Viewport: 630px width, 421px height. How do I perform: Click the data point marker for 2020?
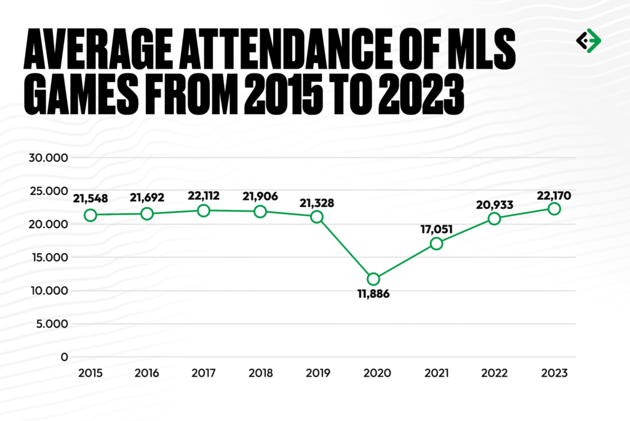click(x=373, y=279)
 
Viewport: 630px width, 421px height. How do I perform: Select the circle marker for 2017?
click(x=204, y=211)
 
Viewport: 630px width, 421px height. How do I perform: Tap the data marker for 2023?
click(x=554, y=209)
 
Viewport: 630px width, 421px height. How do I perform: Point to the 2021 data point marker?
click(x=436, y=243)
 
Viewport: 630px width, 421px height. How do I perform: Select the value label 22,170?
click(x=554, y=196)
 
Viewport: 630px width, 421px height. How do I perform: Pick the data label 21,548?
click(x=90, y=199)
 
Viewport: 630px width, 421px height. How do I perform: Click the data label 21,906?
click(x=260, y=197)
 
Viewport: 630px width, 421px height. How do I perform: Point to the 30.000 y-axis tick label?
click(x=49, y=158)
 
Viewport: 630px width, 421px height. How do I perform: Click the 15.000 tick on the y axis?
click(x=49, y=258)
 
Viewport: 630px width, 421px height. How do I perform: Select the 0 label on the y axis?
click(x=64, y=357)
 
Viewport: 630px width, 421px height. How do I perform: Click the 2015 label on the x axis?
click(x=90, y=373)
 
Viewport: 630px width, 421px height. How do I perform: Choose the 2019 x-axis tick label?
click(x=317, y=373)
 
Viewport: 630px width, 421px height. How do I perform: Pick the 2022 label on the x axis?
click(x=495, y=373)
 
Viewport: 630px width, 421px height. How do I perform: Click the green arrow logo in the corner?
click(x=588, y=41)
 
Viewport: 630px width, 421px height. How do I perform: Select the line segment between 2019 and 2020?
click(x=345, y=248)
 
